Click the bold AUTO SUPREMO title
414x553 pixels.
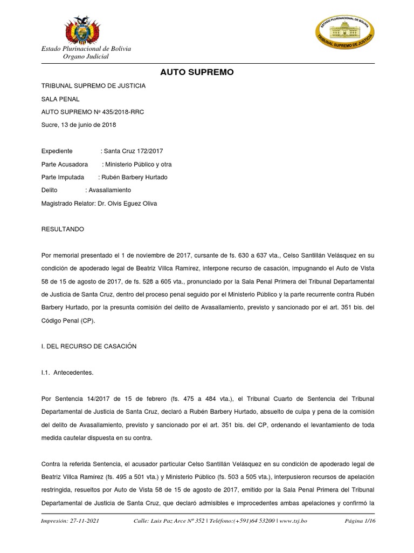(x=197, y=72)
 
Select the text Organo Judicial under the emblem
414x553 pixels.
(x=86, y=57)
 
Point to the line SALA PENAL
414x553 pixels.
(x=60, y=99)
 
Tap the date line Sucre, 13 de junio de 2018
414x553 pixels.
(x=79, y=125)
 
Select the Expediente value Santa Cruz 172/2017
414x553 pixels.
(x=133, y=151)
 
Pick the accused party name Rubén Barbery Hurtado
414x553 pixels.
(x=135, y=177)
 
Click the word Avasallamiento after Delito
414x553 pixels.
(x=110, y=190)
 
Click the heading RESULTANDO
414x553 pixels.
(x=63, y=229)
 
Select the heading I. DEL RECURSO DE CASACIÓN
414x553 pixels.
(x=89, y=346)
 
